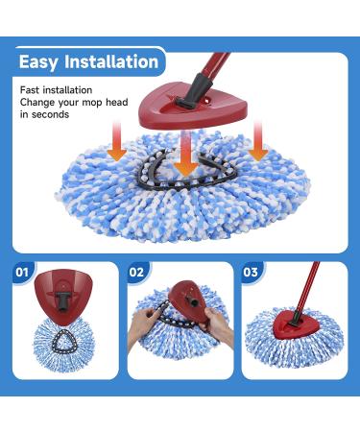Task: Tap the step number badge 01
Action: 23,273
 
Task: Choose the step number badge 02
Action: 136,273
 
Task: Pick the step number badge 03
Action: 251,273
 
